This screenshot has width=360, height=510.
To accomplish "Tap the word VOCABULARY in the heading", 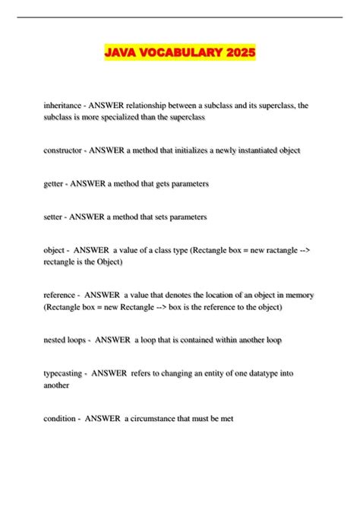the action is (179, 53).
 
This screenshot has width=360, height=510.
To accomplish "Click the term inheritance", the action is (63, 106).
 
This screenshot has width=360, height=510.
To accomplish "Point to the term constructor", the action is (63, 150).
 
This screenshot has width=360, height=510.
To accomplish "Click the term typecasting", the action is (64, 373).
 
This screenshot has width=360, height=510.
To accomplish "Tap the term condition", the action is (61, 418).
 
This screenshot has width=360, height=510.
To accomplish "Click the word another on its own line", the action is (57, 385).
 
